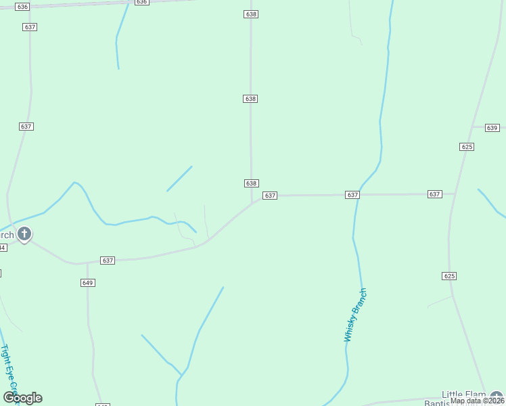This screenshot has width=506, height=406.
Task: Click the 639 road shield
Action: [492, 128]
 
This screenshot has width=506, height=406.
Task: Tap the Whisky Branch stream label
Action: [355, 315]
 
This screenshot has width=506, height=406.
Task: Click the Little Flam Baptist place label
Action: [465, 399]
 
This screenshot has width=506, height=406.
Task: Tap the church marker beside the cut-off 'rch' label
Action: [24, 234]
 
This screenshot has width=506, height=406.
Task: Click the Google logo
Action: [23, 398]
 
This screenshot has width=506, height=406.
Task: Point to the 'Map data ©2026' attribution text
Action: [477, 401]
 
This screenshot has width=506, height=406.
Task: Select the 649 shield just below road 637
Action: [87, 282]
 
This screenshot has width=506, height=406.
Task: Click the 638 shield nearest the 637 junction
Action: [251, 183]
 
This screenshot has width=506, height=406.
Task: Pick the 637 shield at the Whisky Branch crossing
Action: [352, 195]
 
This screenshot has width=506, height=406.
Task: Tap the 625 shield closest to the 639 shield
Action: [467, 146]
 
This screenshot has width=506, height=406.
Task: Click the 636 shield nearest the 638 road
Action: [141, 2]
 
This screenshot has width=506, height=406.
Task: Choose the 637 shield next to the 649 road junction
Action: [108, 260]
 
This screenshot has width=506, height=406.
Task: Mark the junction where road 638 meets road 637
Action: [252, 202]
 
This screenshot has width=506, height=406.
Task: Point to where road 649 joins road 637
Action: [87, 263]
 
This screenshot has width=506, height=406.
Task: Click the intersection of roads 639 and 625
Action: [471, 127]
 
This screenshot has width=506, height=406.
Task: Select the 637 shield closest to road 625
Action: [434, 194]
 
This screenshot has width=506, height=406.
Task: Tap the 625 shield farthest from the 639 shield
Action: [450, 275]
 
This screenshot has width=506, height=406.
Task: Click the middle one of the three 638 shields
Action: [250, 99]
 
